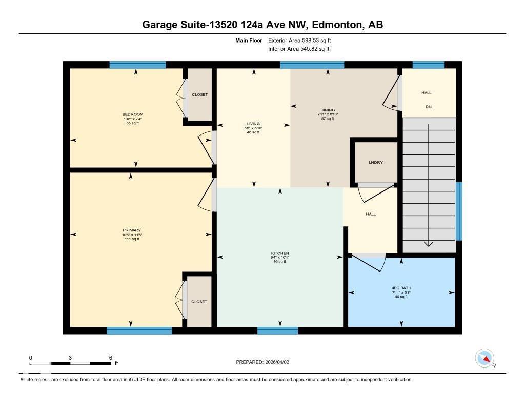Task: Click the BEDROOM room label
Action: [133, 114]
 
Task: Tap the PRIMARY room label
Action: [132, 230]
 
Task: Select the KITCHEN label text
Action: [280, 253]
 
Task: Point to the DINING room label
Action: [328, 110]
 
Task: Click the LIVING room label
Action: [253, 124]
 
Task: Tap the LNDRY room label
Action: [376, 163]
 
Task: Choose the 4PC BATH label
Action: [401, 288]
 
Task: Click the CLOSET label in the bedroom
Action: [199, 95]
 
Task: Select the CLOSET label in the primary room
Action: [199, 302]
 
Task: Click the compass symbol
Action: [484, 358]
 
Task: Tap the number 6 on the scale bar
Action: [110, 358]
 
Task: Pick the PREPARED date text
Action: [266, 362]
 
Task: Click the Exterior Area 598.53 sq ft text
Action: [303, 40]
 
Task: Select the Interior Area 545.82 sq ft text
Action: [298, 49]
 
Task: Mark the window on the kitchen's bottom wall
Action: [277, 331]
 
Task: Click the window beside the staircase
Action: [459, 211]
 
